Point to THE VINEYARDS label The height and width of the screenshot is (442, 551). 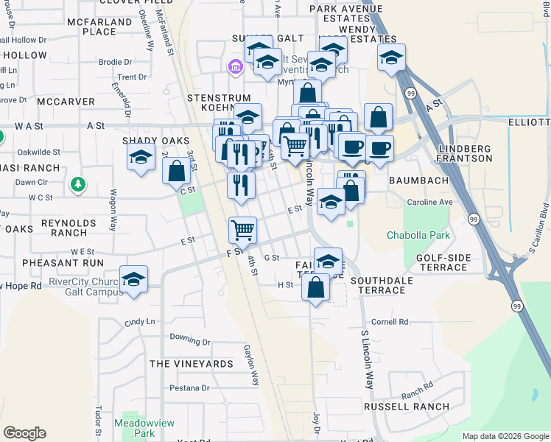pyautogui.click(x=192, y=364)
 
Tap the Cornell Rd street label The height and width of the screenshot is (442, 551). pyautogui.click(x=390, y=322)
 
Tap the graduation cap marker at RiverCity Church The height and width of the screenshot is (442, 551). pyautogui.click(x=134, y=279)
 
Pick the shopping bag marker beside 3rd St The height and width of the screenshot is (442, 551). pyautogui.click(x=177, y=172)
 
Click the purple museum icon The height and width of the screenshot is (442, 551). pyautogui.click(x=236, y=69)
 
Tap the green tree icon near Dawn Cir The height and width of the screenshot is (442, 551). pyautogui.click(x=77, y=184)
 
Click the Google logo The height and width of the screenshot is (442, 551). pyautogui.click(x=24, y=433)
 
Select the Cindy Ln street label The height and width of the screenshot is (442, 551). pyautogui.click(x=140, y=322)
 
